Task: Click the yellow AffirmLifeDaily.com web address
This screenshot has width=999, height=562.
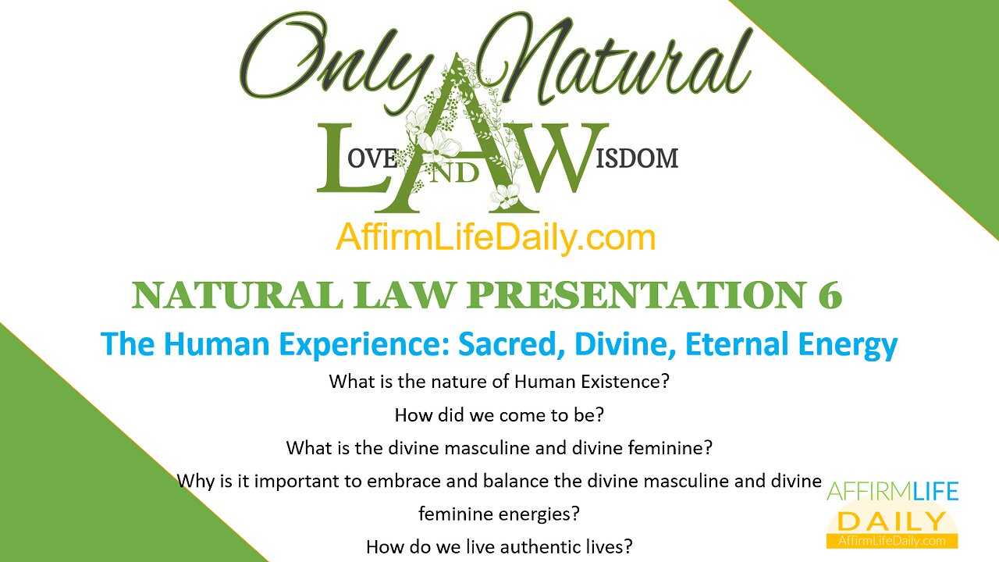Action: pos(496,237)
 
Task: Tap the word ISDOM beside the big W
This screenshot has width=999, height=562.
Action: pos(640,158)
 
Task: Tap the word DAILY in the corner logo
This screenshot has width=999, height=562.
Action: pos(891,521)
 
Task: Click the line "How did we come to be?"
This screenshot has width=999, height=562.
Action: pos(499,415)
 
